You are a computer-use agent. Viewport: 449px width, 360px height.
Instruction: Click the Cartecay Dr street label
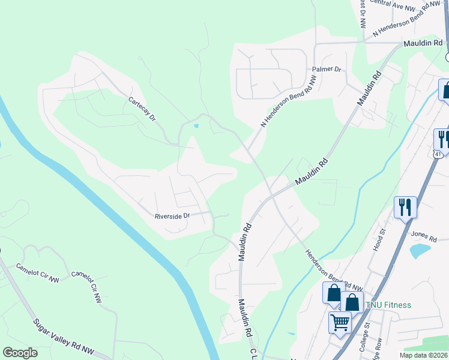(x=142, y=109)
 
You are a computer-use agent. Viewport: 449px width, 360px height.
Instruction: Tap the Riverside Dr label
(x=172, y=215)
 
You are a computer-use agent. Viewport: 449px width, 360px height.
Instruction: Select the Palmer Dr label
(x=330, y=70)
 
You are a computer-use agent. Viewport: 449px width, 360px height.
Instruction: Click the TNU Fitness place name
(x=388, y=305)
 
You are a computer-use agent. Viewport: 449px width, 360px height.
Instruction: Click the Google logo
(x=20, y=353)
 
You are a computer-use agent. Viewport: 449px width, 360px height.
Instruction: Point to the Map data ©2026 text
(x=424, y=355)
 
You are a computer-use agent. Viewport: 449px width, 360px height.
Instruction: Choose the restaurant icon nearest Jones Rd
(x=405, y=207)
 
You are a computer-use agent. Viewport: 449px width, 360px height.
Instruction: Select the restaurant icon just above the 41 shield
(x=442, y=139)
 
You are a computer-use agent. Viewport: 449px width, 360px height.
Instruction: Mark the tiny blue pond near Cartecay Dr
(x=196, y=126)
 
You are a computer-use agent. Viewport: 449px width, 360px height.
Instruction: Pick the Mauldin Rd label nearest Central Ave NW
(x=423, y=43)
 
